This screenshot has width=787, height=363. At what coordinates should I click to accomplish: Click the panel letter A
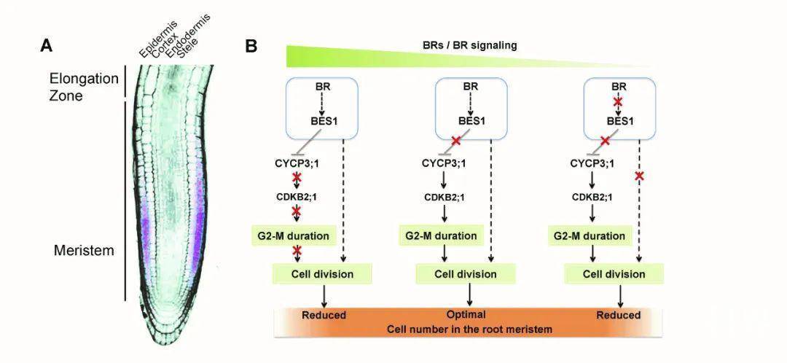47,46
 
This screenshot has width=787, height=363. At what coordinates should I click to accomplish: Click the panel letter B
251,46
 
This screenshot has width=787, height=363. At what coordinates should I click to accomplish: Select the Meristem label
84,251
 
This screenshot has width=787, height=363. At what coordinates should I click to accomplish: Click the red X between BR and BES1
618,103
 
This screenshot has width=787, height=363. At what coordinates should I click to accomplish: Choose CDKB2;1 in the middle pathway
446,197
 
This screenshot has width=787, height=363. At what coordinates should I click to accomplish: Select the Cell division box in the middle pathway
466,274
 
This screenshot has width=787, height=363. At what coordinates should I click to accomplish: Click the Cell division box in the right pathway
615,274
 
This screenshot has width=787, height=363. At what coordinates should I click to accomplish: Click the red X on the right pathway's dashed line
639,176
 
